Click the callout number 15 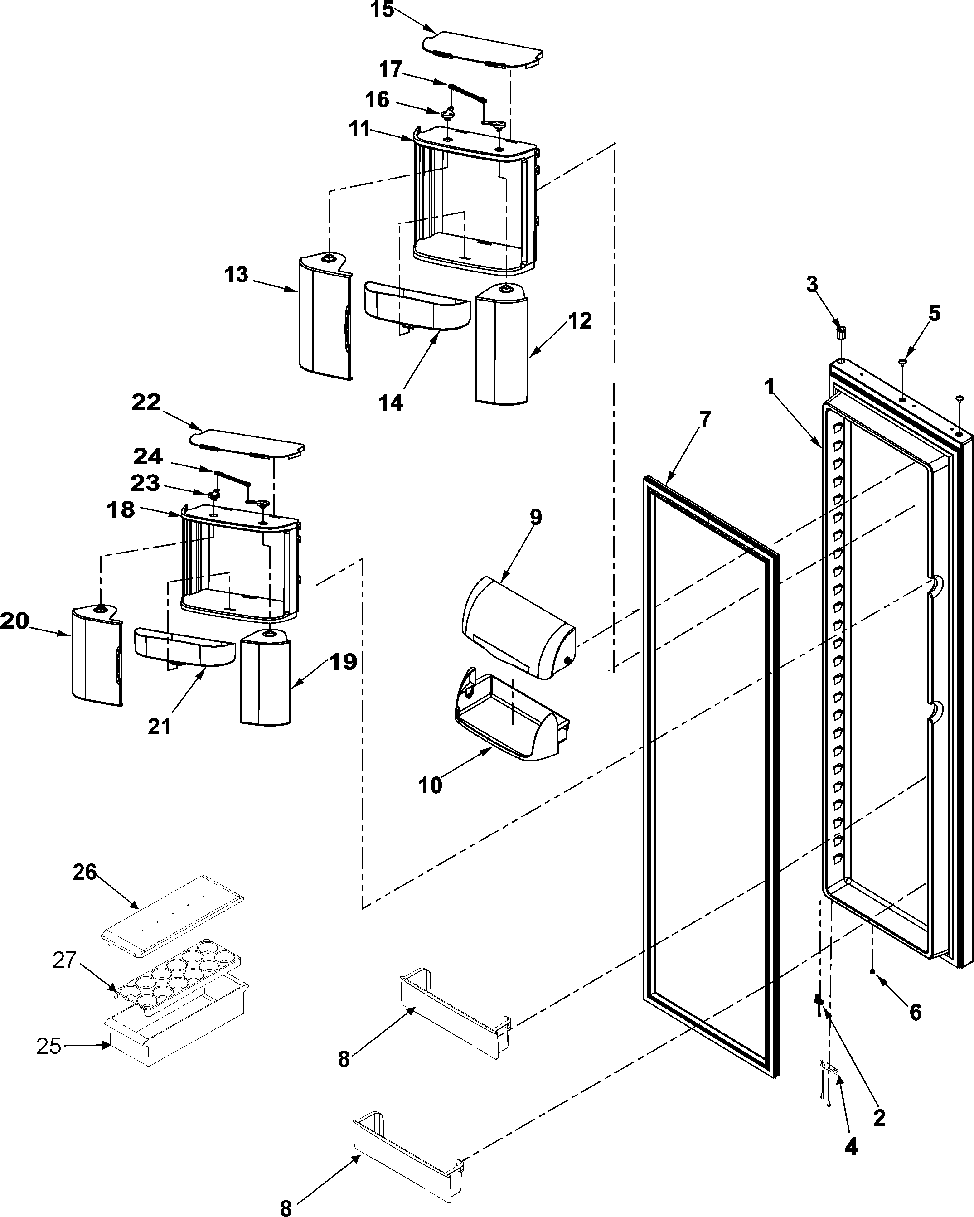coord(382,10)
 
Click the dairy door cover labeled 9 coord(516,628)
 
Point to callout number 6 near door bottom coord(916,1012)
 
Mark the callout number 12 coord(580,320)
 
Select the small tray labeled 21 coord(184,646)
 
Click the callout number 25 coord(48,1046)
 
